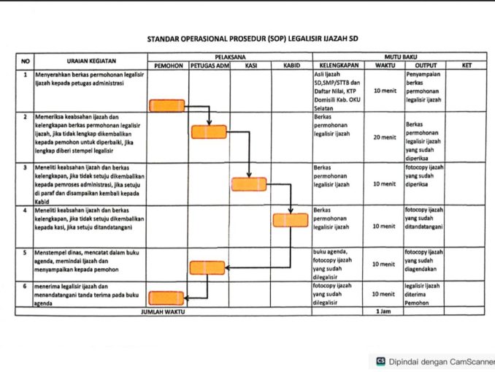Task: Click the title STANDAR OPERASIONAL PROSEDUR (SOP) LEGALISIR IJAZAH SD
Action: coord(252,39)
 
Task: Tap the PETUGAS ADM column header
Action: coord(210,66)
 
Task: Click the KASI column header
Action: coord(250,66)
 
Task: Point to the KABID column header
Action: coord(291,66)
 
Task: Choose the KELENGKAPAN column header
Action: coord(338,66)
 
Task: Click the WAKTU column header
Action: coord(385,66)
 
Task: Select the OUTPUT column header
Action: coord(424,66)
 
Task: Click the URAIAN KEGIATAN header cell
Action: coord(91,61)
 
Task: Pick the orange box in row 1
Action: coord(167,106)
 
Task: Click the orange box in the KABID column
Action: coord(291,219)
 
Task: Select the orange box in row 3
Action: coord(249,184)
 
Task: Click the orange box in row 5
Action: coord(207,267)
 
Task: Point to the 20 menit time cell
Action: coord(385,137)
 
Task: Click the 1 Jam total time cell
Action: coord(385,311)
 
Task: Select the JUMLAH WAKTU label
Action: coord(163,311)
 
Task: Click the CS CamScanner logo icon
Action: coord(380,360)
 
